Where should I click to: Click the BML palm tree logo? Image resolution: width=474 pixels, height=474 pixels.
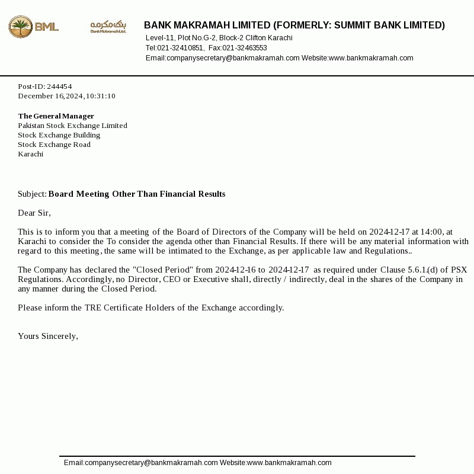coord(21,27)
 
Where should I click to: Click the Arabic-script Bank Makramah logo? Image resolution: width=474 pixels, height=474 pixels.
coord(108,26)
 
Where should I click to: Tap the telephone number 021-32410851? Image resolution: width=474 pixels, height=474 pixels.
coord(180,48)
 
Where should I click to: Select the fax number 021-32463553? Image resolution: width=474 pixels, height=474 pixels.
coord(245,48)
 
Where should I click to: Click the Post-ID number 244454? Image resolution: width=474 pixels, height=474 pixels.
coord(59,87)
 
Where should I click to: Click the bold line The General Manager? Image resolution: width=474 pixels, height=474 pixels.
coord(56,116)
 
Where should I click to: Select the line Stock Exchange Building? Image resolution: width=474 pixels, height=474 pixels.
coord(59,135)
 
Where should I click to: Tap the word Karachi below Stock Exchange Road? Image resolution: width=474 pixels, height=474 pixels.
coord(31,154)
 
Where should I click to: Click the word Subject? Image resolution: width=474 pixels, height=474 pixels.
coord(31,194)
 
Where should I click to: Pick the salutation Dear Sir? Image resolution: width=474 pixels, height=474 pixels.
coord(34,213)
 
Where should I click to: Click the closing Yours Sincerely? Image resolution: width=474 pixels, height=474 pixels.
coord(48,337)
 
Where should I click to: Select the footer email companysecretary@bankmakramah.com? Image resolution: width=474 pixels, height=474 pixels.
coord(151,463)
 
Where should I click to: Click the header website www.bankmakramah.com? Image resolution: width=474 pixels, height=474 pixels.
coord(371,58)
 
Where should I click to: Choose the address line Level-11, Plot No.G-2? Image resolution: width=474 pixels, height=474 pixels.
coord(181,38)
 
